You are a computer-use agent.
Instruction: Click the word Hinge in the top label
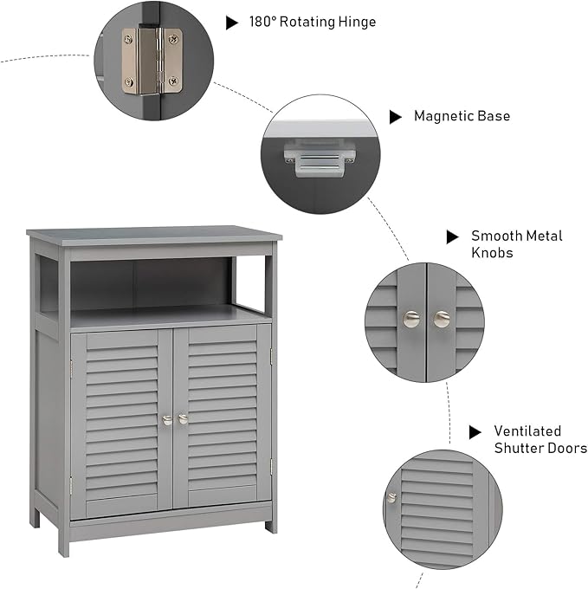point(355,22)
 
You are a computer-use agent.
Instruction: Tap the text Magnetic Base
point(462,115)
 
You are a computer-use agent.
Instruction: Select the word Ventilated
point(527,430)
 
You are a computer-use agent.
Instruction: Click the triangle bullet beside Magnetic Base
point(395,116)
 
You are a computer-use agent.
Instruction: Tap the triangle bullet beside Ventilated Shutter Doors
point(475,431)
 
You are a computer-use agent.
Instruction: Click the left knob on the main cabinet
point(167,419)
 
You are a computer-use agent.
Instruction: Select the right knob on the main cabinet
point(183,419)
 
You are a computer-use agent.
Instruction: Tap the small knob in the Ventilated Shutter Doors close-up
point(391,497)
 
